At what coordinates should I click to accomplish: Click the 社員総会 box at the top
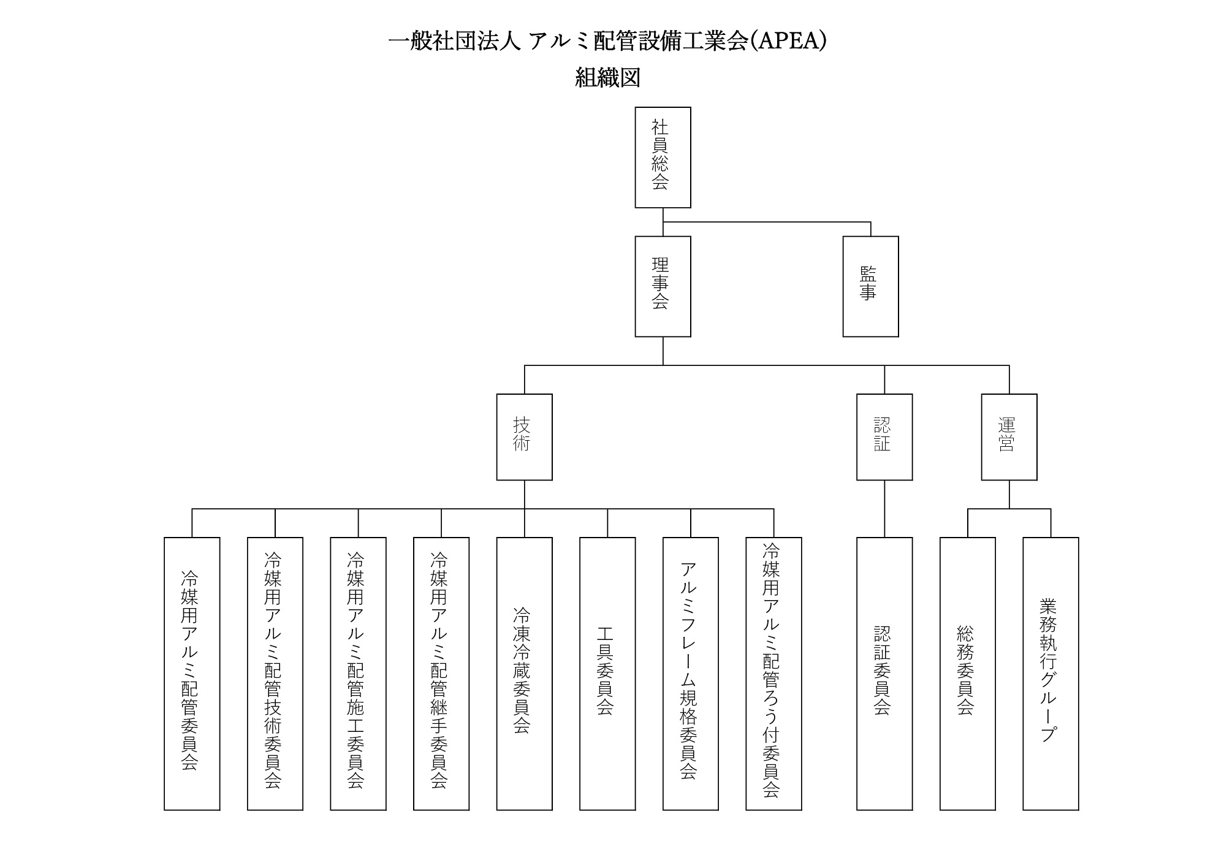(663, 158)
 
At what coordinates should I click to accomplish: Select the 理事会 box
(663, 286)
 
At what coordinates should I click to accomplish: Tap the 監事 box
(870, 286)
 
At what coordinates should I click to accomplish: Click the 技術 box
(524, 437)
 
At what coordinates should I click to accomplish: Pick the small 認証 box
(884, 437)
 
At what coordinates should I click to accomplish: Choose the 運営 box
(1009, 437)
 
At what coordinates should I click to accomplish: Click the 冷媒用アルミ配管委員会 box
(192, 674)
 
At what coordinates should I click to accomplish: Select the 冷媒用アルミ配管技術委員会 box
(275, 674)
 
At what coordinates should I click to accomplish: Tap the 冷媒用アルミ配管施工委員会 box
(358, 674)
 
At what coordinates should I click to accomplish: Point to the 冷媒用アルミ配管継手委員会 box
(441, 674)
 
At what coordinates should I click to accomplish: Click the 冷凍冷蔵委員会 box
(524, 674)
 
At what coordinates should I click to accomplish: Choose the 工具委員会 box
(607, 674)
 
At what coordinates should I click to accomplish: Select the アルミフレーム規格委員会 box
(691, 674)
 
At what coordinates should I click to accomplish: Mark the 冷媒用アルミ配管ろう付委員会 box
(773, 674)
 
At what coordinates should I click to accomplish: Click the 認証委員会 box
(884, 674)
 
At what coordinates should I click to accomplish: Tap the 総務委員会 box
(968, 674)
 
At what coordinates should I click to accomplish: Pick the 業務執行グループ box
(1051, 674)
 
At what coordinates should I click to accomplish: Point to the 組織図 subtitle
(608, 78)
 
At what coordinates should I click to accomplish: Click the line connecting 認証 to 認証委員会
(884, 509)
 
